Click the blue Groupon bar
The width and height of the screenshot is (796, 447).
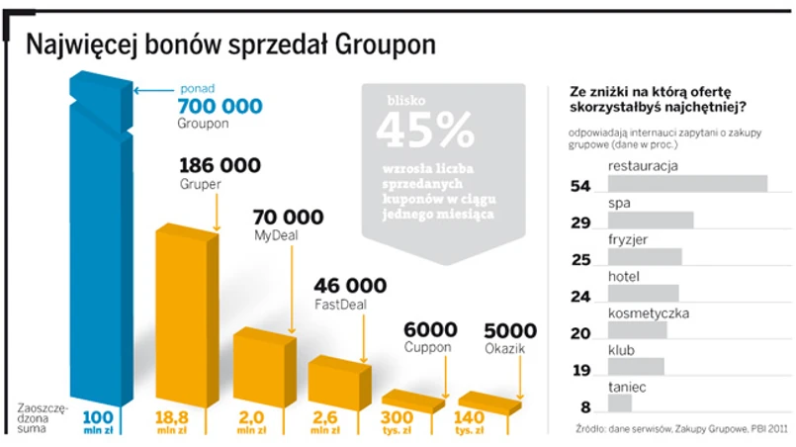click(x=97, y=247)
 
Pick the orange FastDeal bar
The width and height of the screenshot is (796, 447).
click(x=338, y=380)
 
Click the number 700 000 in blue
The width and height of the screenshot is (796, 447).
click(x=220, y=106)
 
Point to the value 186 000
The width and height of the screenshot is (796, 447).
click(x=220, y=165)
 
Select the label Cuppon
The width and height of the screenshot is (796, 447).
click(x=427, y=348)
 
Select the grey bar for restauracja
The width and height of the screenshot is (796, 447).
click(x=687, y=184)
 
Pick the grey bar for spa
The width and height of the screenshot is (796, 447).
click(x=651, y=221)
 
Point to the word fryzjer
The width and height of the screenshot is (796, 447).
click(x=629, y=239)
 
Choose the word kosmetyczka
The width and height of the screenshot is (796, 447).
click(x=648, y=313)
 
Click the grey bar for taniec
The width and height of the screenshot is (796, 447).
click(x=620, y=403)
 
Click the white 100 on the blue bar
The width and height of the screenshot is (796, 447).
click(x=98, y=416)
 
